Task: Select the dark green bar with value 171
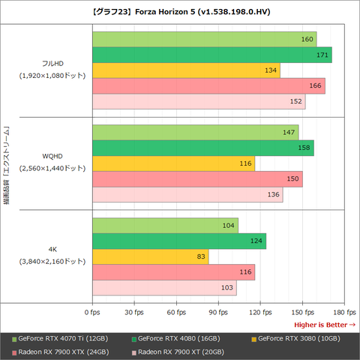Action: (211, 55)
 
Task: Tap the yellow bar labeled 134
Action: (185, 70)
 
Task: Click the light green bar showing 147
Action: (195, 132)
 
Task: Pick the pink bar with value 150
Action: (196, 179)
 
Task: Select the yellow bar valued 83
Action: (150, 256)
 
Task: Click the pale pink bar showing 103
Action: (163, 288)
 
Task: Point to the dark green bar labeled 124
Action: (178, 241)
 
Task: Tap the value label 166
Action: (316, 87)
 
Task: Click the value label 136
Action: (274, 195)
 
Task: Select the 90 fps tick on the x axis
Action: (218, 311)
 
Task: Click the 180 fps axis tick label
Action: (344, 311)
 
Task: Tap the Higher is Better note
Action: (324, 324)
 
